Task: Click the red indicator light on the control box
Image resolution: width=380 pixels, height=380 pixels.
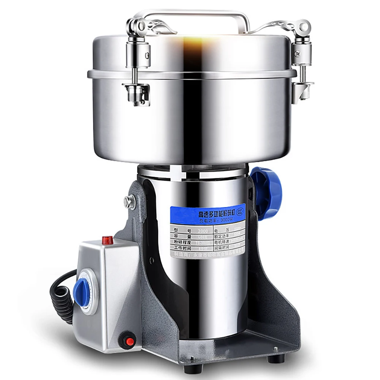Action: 108,240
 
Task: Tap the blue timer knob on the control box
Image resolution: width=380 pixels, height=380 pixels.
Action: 81,292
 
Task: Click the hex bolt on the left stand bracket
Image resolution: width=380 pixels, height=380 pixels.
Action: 130,202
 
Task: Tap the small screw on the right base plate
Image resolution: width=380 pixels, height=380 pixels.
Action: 275,348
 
